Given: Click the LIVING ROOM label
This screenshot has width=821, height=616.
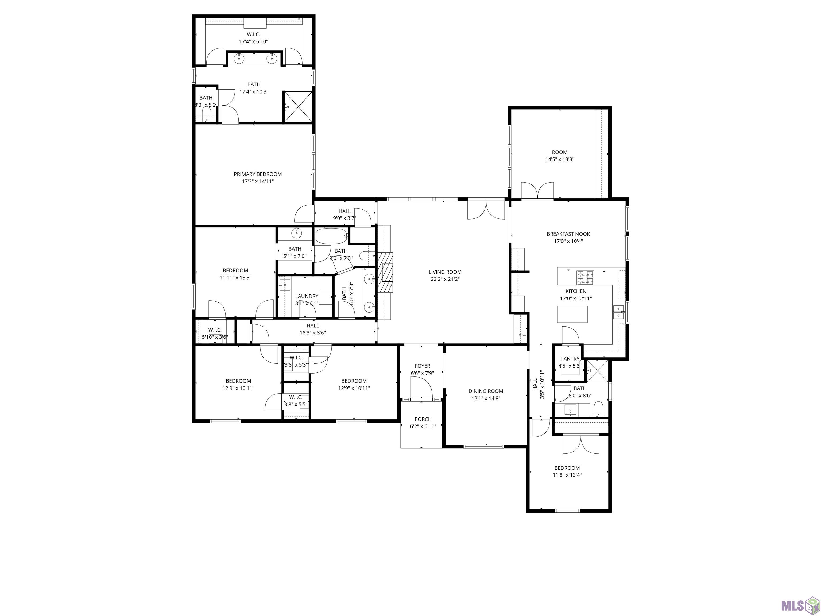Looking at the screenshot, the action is click(x=445, y=272).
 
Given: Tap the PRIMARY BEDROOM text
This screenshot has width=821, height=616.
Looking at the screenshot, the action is click(x=258, y=174).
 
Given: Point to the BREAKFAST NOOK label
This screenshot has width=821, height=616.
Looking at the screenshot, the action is click(x=568, y=234).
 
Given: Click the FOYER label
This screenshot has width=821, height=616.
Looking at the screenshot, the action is click(x=422, y=366).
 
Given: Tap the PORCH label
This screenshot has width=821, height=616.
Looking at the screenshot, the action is click(x=423, y=419).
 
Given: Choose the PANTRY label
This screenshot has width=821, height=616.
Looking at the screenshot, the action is click(x=570, y=359).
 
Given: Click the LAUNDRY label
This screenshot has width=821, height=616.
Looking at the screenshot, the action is click(x=307, y=296).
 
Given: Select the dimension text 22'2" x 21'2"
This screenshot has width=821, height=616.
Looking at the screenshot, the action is click(x=445, y=279).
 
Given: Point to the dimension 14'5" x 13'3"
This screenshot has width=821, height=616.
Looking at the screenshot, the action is click(x=560, y=159).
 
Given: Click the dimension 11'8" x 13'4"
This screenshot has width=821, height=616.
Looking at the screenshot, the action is click(x=567, y=475).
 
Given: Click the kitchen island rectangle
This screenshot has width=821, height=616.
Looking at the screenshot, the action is click(x=572, y=314).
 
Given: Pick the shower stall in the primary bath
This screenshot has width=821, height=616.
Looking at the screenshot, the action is click(x=298, y=107).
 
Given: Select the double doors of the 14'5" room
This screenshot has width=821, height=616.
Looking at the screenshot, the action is click(x=537, y=190).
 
